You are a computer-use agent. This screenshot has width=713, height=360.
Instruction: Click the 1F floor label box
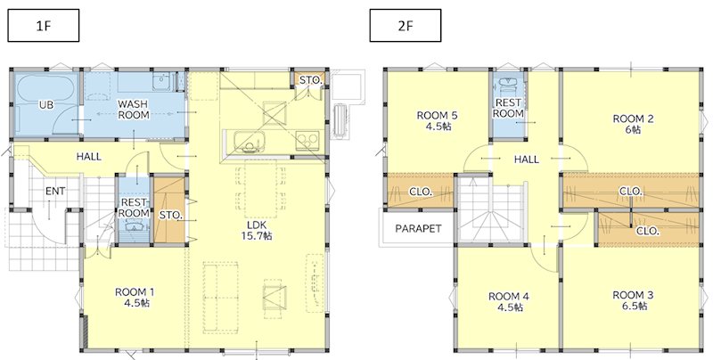[x=43, y=26]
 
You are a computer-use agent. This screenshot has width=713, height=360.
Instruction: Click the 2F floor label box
[x=406, y=26]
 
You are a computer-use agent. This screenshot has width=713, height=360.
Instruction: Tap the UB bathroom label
[x=46, y=105]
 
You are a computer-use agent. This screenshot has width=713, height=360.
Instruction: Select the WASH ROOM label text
[x=134, y=110]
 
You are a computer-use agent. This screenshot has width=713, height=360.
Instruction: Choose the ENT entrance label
[x=55, y=192]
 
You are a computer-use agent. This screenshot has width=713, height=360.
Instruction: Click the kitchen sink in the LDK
[x=248, y=142]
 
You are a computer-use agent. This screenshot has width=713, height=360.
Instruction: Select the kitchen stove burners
[x=307, y=141]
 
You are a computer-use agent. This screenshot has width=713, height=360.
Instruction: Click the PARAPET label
[x=418, y=229]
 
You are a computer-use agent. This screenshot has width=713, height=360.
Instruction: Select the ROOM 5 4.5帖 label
[x=437, y=121]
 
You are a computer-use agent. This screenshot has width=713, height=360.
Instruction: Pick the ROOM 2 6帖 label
[x=633, y=124]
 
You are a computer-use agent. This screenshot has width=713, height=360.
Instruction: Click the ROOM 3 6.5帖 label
[x=633, y=300]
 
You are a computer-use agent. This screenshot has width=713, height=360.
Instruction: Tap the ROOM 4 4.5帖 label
[x=509, y=302]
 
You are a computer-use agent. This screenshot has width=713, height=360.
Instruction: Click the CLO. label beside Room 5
[x=421, y=192]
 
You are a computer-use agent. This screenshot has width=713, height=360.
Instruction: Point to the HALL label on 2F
[x=527, y=160]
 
